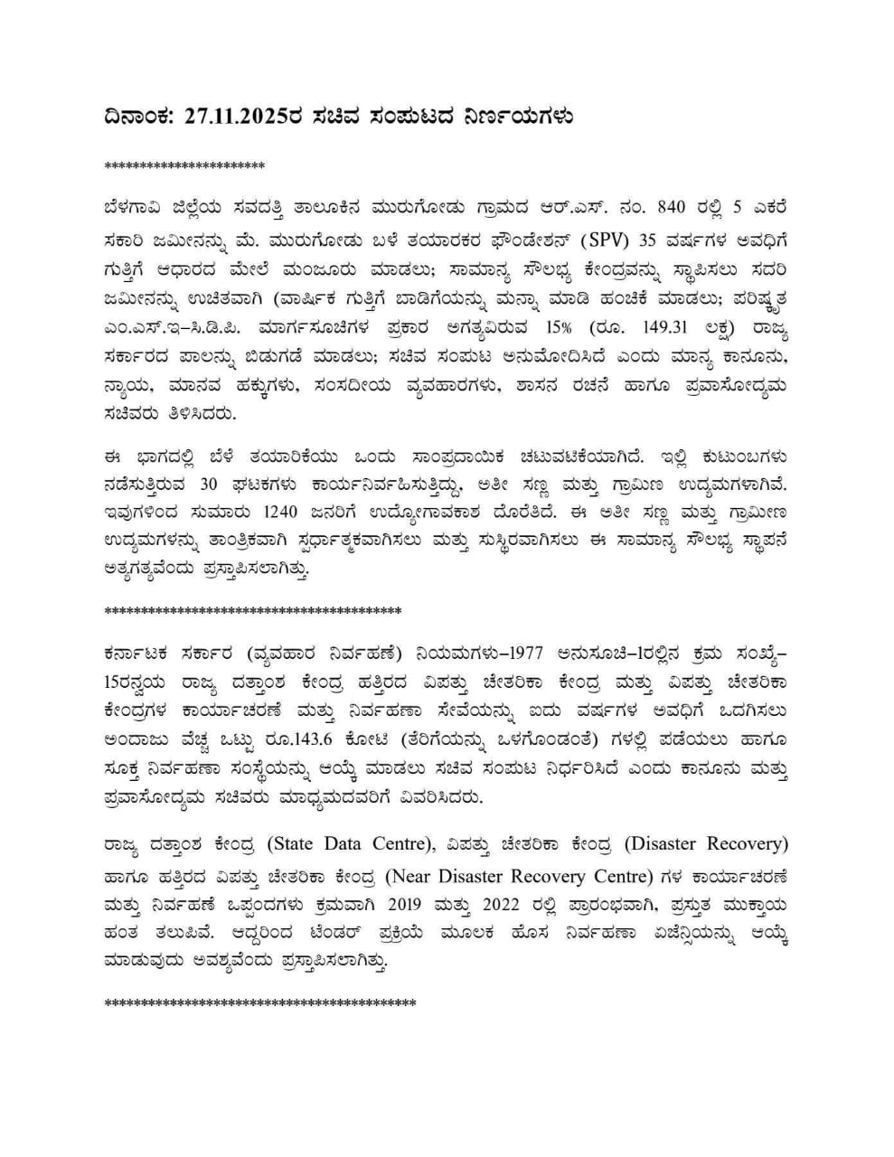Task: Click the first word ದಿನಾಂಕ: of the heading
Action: tap(141, 118)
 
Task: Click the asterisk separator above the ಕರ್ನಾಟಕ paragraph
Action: tap(252, 612)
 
